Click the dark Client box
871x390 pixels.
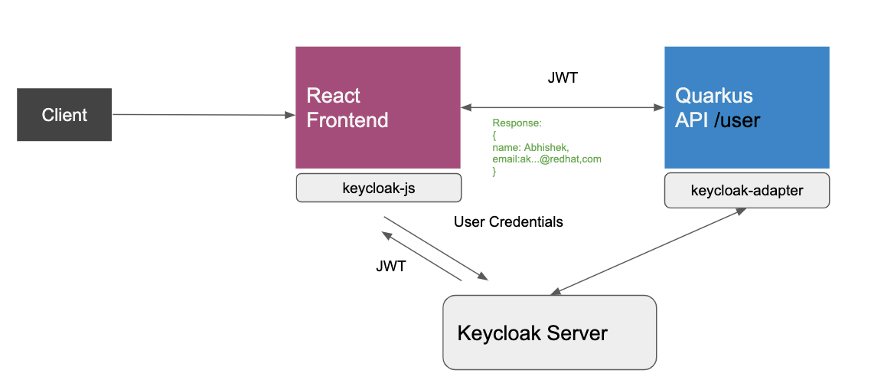coord(64,115)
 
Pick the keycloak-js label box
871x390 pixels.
coord(378,188)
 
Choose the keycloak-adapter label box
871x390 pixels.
coord(746,191)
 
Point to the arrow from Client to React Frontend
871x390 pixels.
coord(203,115)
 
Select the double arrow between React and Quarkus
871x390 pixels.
coord(562,108)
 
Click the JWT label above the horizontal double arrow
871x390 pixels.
coord(563,77)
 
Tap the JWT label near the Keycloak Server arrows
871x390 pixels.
coord(391,266)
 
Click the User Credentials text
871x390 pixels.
coord(508,222)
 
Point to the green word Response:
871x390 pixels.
coord(517,123)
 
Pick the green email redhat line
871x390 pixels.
coord(546,159)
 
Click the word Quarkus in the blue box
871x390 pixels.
coord(713,96)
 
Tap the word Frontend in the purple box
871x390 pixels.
coord(347,120)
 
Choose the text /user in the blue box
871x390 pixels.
coord(736,120)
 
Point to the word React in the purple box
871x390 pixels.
coord(333,96)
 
